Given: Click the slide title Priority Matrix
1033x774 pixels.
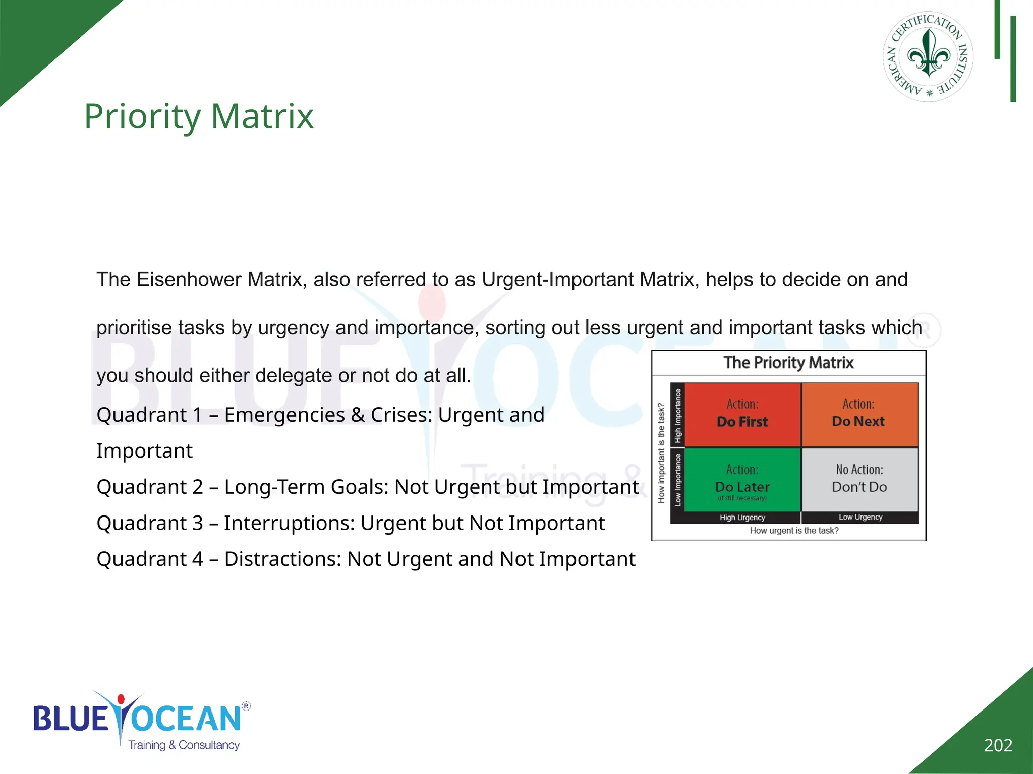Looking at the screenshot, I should click(x=199, y=116).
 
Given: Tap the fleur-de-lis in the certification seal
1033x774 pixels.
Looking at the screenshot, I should click(x=929, y=53).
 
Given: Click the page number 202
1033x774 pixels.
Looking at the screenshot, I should click(x=998, y=745).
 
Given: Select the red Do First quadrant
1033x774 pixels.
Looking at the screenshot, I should click(x=742, y=415).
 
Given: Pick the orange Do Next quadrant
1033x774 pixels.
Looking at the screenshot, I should click(x=859, y=415).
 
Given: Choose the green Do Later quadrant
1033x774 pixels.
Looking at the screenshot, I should click(x=742, y=480).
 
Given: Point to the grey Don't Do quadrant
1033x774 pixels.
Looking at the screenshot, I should click(x=859, y=479).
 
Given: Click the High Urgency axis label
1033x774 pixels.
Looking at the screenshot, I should click(x=742, y=518).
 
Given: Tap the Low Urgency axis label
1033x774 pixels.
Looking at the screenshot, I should click(x=860, y=517).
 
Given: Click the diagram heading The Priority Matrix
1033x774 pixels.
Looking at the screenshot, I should click(x=788, y=363).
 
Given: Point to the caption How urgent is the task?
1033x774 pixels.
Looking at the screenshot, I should click(x=794, y=531).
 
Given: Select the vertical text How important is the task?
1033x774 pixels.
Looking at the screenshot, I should click(x=661, y=453).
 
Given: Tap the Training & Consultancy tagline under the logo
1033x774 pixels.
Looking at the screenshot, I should click(x=184, y=745).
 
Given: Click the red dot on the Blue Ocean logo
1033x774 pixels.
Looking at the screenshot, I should click(x=121, y=699).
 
